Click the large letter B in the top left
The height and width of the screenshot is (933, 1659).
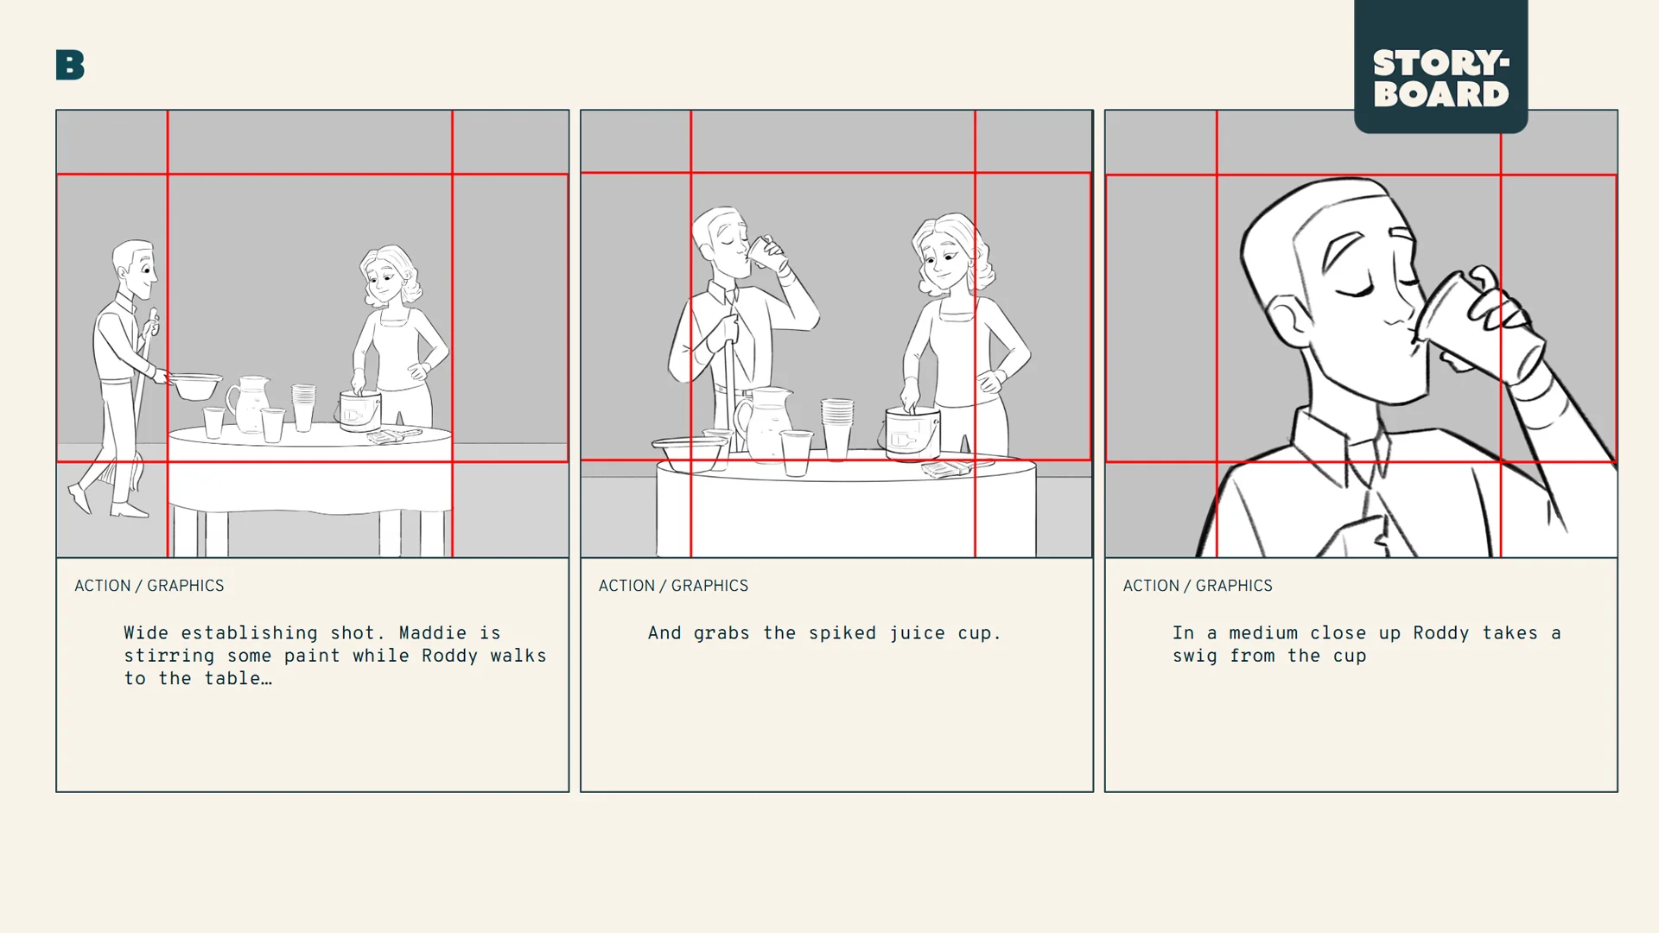coord(70,65)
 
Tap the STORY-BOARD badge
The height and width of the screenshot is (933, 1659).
coord(1440,78)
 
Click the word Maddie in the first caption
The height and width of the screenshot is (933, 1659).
coord(432,633)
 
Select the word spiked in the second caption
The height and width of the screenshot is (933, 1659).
coord(842,633)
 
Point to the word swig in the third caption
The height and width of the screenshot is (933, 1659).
coord(1194,657)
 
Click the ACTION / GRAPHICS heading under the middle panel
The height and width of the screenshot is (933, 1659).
coord(673,586)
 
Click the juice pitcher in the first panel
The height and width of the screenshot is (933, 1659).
coord(249,403)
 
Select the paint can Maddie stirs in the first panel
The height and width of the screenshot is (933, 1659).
coord(359,411)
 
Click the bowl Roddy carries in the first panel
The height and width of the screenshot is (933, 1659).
coord(196,385)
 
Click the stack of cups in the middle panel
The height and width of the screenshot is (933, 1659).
coord(836,427)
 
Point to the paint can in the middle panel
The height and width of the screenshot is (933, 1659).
coord(912,434)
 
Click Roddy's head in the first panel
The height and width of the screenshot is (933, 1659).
coord(137,268)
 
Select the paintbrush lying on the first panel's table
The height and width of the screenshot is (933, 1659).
coord(393,436)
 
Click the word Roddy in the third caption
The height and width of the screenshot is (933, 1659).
coord(1440,633)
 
